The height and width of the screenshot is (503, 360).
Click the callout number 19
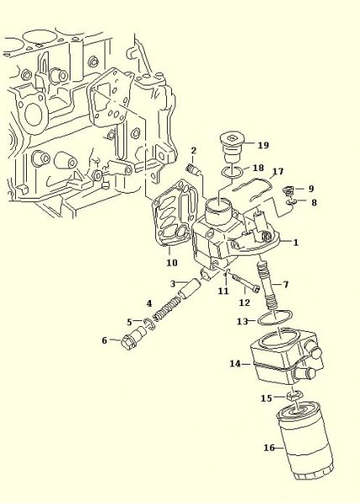(x=263, y=145)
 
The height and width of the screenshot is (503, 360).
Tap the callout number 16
(x=269, y=448)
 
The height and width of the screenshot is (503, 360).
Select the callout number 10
(x=172, y=262)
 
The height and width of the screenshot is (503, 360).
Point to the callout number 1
(x=295, y=242)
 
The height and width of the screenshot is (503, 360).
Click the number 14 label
(x=235, y=364)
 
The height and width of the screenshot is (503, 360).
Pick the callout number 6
(x=104, y=340)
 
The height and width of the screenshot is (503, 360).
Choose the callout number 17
(x=278, y=172)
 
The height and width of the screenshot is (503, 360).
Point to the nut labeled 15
(x=294, y=396)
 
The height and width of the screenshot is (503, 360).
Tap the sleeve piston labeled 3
(x=189, y=288)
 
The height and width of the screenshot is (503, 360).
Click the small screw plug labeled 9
(x=288, y=192)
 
